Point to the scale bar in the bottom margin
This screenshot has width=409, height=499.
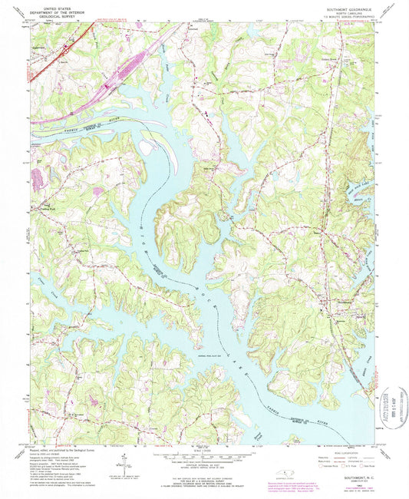click(204, 454)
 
